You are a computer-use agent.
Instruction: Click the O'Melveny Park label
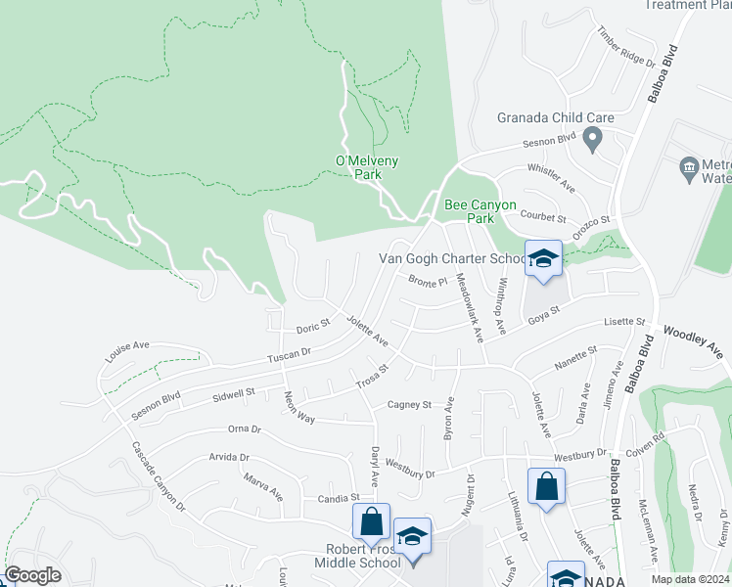pyautogui.click(x=354, y=167)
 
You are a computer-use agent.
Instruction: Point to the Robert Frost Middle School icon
pyautogui.click(x=413, y=538)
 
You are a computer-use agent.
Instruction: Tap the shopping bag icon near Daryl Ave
pyautogui.click(x=371, y=523)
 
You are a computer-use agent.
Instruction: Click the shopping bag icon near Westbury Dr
pyautogui.click(x=546, y=488)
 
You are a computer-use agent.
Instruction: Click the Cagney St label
pyautogui.click(x=409, y=404)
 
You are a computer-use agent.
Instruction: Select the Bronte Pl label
pyautogui.click(x=427, y=283)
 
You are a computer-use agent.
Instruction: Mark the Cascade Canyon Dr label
pyautogui.click(x=158, y=477)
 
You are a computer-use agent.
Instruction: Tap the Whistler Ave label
pyautogui.click(x=551, y=176)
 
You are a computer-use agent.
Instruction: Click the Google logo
pyautogui.click(x=32, y=575)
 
